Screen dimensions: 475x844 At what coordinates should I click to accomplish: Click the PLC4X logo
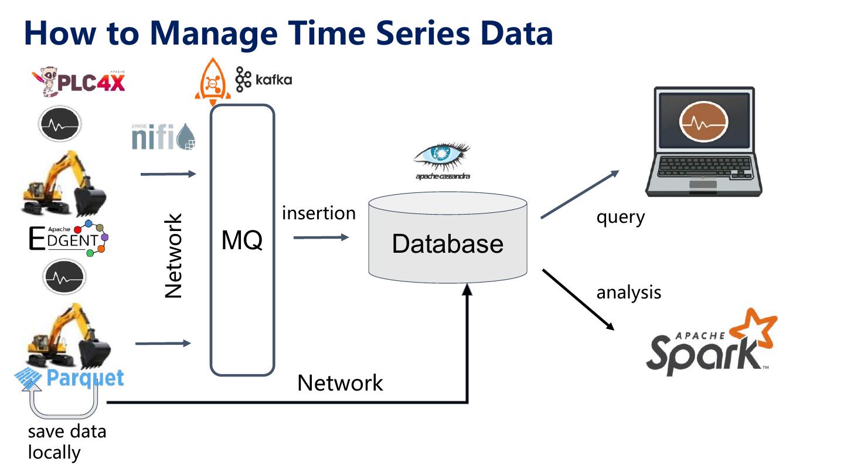80,82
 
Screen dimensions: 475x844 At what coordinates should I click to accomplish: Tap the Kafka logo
263,79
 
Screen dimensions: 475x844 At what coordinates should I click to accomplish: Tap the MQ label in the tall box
242,240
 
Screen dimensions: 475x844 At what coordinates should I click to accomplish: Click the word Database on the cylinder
447,243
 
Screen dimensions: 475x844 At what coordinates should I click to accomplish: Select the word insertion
318,213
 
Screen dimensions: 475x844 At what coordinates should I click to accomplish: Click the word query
620,217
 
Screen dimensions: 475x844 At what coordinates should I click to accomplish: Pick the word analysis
628,292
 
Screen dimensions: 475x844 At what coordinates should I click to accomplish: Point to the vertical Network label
174,256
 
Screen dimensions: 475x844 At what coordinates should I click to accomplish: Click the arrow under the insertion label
321,238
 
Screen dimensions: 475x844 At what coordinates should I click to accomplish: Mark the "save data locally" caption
67,442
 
